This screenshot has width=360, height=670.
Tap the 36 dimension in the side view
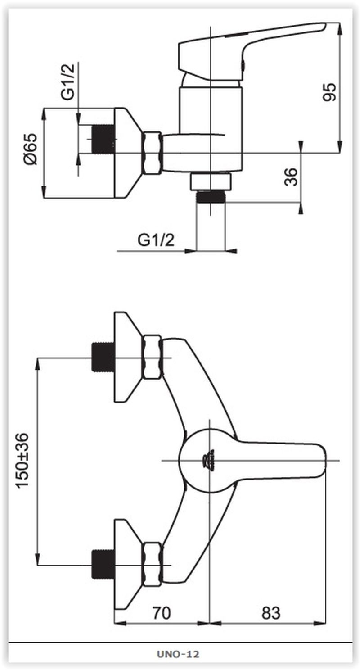pyautogui.click(x=292, y=177)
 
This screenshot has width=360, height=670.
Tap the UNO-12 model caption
pyautogui.click(x=179, y=654)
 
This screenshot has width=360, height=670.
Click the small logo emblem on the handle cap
pyautogui.click(x=209, y=460)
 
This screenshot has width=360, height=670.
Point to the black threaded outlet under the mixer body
pyautogui.click(x=210, y=197)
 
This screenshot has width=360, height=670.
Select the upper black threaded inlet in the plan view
pyautogui.click(x=102, y=358)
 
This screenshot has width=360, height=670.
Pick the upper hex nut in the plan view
pyautogui.click(x=152, y=358)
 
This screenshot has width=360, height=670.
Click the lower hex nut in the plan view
pyautogui.click(x=152, y=564)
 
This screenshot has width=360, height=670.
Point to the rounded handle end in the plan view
pyautogui.click(x=320, y=460)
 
